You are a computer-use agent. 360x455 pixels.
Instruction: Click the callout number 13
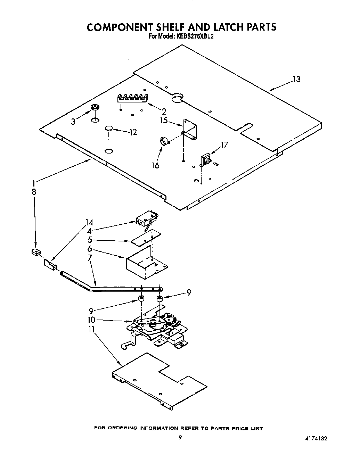pos(296,79)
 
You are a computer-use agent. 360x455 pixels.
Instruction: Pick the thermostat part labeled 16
pos(164,141)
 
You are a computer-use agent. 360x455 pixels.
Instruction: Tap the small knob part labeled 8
pos(35,252)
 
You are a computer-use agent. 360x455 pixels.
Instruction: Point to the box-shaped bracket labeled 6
pos(141,262)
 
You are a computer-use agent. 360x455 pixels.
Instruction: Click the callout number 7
pos(90,258)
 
